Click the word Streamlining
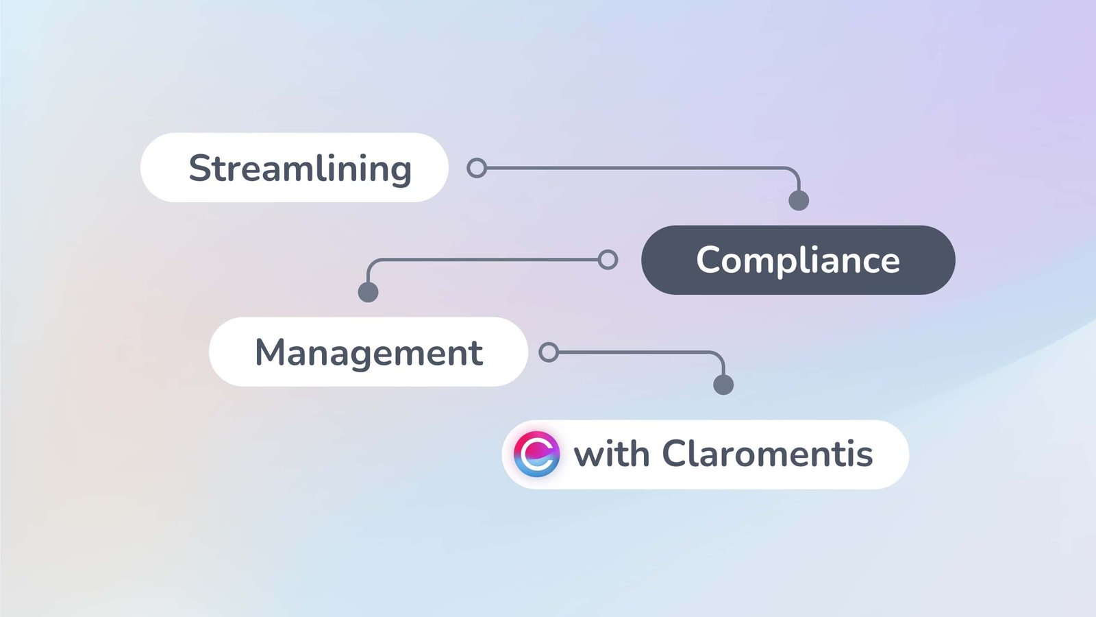(x=300, y=169)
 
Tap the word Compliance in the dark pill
(x=798, y=261)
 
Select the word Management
(x=369, y=353)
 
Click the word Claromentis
(x=767, y=454)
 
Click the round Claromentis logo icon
(x=537, y=454)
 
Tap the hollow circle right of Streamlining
(x=477, y=168)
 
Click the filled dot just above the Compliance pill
(x=799, y=200)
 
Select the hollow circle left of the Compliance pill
(x=608, y=260)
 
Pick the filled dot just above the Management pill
(x=369, y=292)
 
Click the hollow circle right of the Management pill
(x=549, y=352)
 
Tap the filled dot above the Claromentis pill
(x=723, y=385)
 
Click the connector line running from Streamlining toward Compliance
(x=637, y=168)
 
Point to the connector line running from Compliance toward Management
(x=486, y=260)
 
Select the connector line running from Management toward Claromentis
(x=637, y=352)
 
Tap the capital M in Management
(x=270, y=353)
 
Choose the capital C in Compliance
(x=708, y=261)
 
